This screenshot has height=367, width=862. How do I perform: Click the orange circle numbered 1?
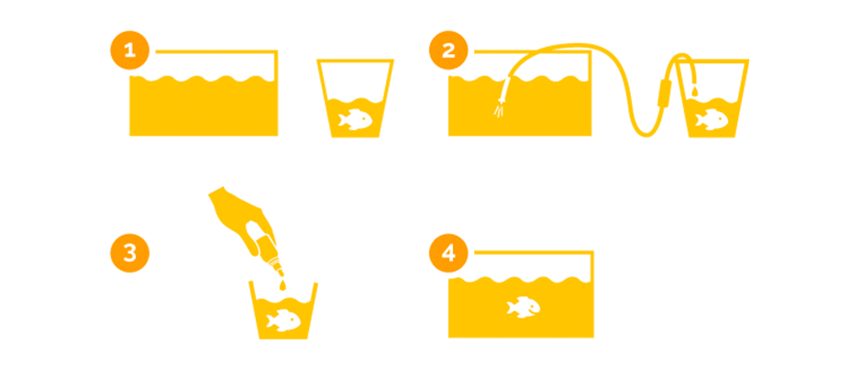pos(129,51)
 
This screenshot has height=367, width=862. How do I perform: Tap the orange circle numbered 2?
pos(448,51)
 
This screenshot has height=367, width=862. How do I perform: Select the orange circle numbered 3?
pos(129,253)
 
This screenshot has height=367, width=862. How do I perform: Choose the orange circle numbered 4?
pos(448,253)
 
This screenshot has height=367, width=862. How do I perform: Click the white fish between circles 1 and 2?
pos(356,119)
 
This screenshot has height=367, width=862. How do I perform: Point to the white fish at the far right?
pos(712,119)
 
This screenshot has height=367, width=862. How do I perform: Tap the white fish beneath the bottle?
pos(283,320)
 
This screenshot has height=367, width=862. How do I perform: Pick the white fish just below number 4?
pos(524,307)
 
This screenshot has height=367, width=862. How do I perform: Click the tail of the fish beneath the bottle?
pos(271,320)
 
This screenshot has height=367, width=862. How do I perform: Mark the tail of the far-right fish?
pos(699,119)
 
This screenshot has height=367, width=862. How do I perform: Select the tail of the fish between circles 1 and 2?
pos(343,119)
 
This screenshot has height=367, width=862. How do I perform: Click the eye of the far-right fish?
pos(721,117)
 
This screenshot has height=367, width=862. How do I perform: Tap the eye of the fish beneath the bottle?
pos(293,317)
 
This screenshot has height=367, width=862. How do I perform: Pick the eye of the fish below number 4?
pos(533,305)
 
